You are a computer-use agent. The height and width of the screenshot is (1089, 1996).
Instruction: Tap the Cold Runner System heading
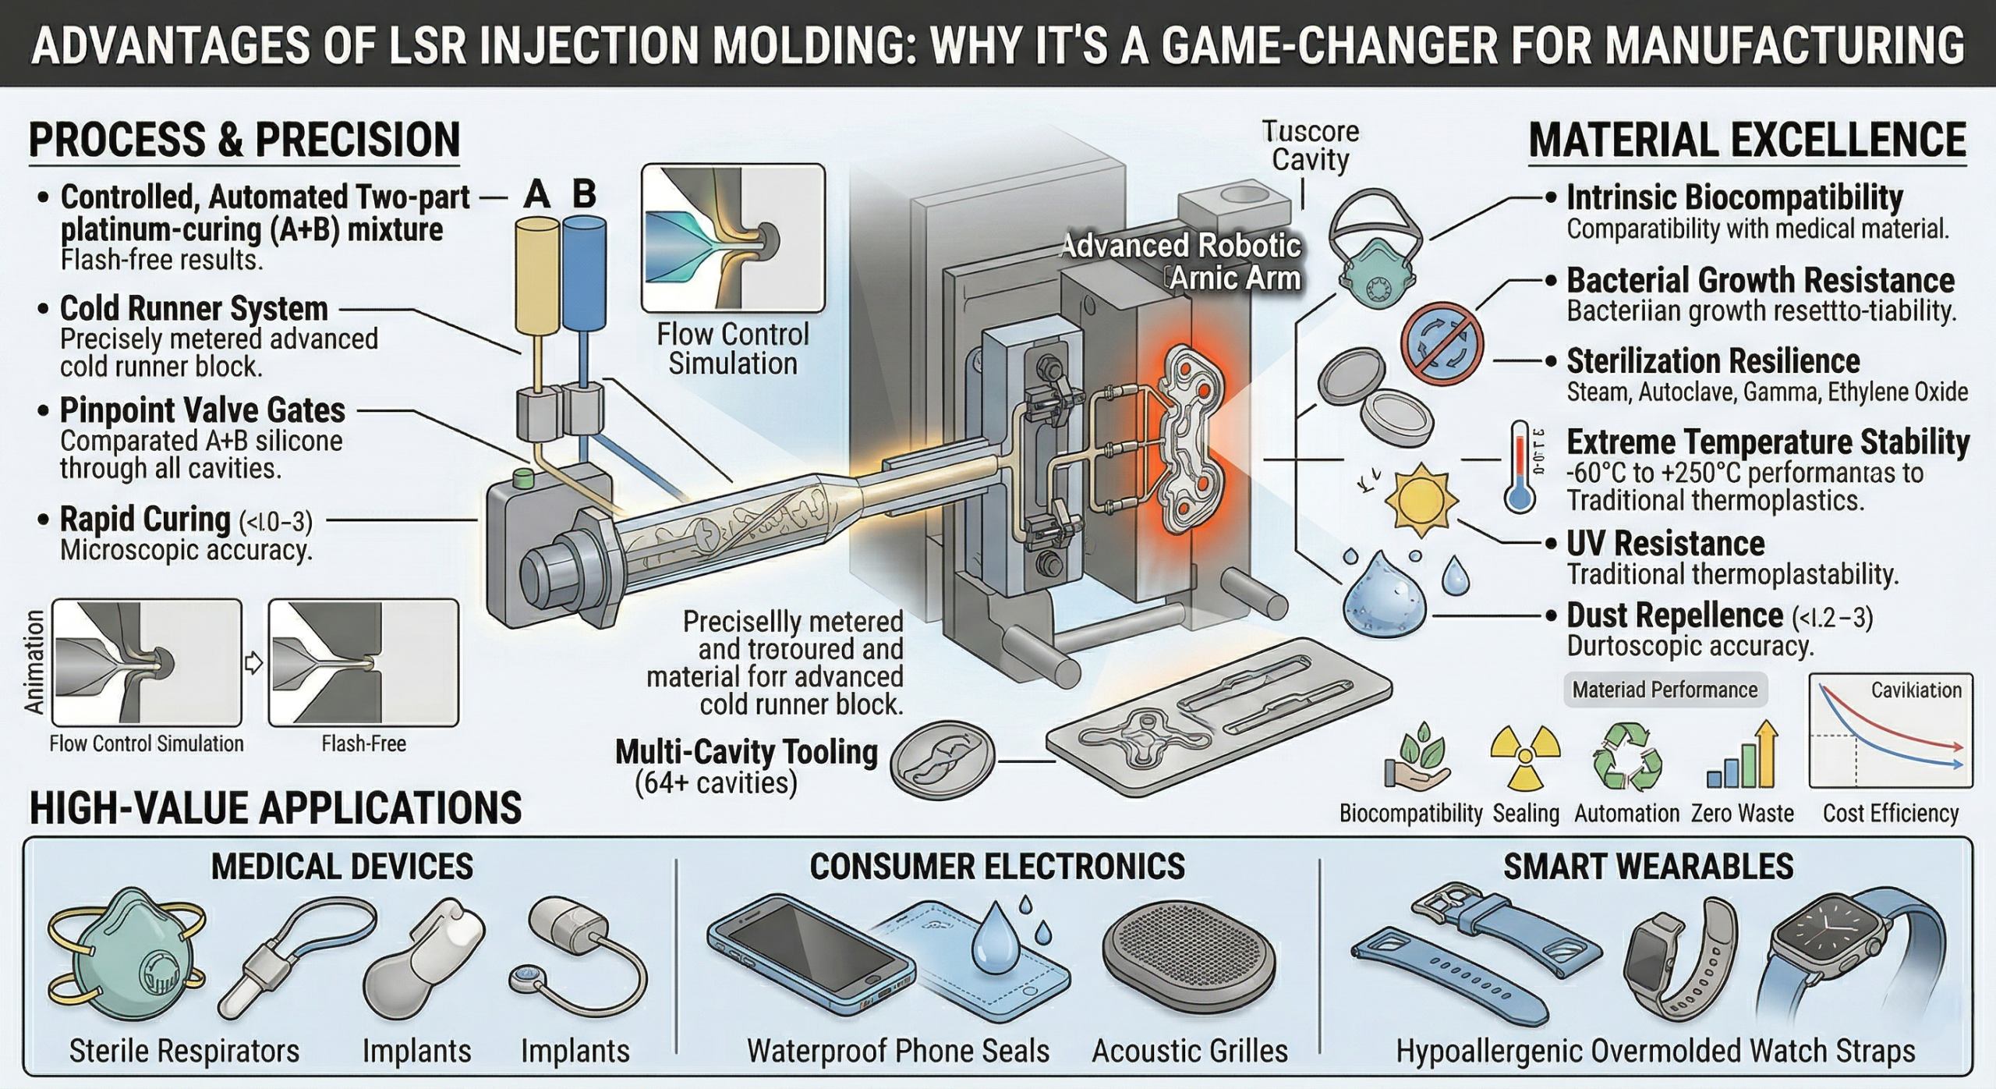coord(193,308)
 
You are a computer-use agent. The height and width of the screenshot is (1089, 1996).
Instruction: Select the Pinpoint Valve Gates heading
coord(202,410)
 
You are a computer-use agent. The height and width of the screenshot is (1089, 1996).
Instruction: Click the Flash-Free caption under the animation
coord(363,743)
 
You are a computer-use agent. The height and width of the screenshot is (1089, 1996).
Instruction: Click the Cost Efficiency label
coord(1890,813)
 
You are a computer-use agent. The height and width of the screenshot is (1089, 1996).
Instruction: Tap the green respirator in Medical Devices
coord(125,956)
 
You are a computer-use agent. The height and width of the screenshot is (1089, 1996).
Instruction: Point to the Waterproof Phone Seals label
coord(898,1050)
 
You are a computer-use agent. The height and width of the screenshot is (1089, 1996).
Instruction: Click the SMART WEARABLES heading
coord(1648,867)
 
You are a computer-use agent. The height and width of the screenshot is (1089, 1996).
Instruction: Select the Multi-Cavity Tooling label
coord(746,752)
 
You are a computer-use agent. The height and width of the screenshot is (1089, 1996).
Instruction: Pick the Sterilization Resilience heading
coord(1713,361)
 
